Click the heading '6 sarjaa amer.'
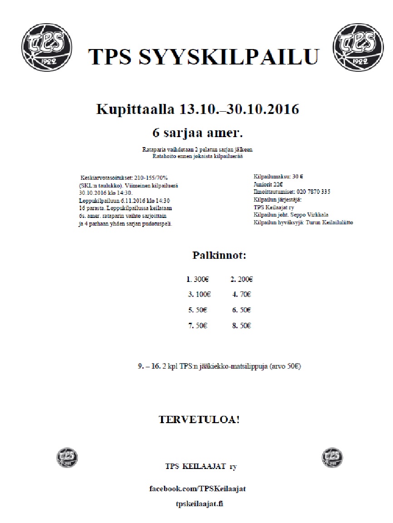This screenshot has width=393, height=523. [x=197, y=133]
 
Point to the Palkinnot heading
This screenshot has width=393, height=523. [x=219, y=255]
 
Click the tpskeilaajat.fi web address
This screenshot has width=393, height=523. [x=199, y=503]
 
